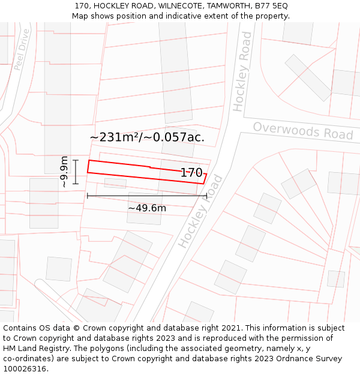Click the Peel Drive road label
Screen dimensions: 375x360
coord(22,49)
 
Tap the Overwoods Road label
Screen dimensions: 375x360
coord(302,131)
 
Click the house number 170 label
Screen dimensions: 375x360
coord(191,173)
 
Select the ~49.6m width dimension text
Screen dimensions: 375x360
coord(147,208)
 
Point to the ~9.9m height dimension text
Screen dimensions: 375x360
coord(64,172)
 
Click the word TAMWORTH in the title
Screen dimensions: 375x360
coord(228,5)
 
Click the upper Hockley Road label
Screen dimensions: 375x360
coord(242,72)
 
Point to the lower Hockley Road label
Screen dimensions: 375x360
coord(200,211)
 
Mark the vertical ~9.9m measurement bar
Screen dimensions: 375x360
coord(76,172)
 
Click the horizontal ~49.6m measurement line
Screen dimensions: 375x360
coord(147,196)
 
